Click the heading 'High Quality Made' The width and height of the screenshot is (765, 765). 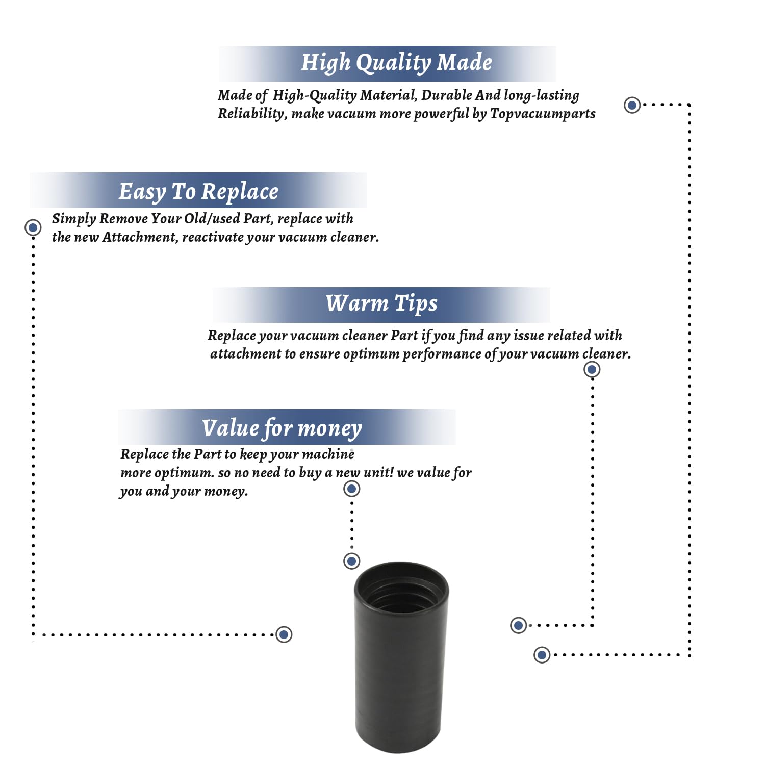(x=396, y=63)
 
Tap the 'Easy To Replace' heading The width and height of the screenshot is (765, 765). (x=198, y=192)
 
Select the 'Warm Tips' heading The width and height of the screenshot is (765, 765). (x=381, y=303)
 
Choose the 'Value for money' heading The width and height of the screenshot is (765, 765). (x=282, y=428)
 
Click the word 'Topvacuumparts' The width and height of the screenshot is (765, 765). (x=543, y=113)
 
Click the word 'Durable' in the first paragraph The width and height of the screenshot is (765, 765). (x=447, y=95)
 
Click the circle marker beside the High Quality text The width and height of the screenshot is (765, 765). (x=632, y=105)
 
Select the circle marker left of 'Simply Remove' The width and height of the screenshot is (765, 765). (x=33, y=227)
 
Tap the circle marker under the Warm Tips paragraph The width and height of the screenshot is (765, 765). (x=592, y=369)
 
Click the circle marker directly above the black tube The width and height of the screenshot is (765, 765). (x=351, y=561)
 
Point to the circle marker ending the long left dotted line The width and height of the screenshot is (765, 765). (x=284, y=634)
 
